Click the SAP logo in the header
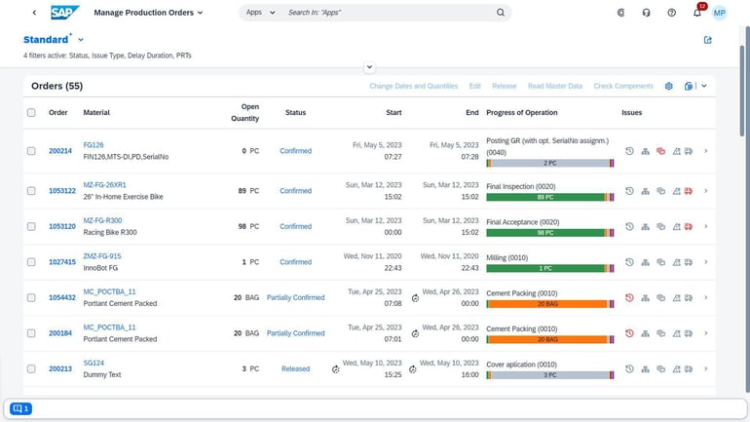tap(65, 13)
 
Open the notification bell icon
tap(696, 13)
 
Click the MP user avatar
tap(719, 13)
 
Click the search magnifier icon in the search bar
tap(501, 13)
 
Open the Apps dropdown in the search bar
tap(259, 13)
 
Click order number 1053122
tap(62, 191)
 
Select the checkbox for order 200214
tap(31, 151)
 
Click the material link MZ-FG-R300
tap(102, 220)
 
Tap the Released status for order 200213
tap(295, 369)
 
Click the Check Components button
tap(623, 86)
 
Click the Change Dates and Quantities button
tap(413, 86)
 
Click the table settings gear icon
tap(669, 86)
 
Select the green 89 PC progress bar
tap(545, 197)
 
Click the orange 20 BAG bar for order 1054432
tap(545, 304)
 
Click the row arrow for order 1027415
tap(705, 262)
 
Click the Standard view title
tap(46, 40)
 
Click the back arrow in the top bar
tap(34, 13)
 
